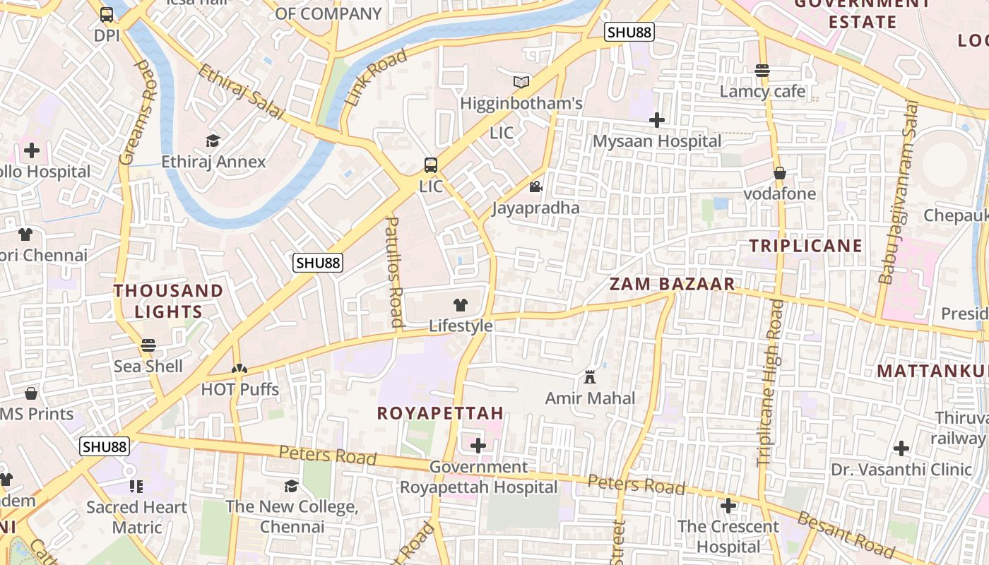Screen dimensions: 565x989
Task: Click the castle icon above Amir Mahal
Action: [590, 376]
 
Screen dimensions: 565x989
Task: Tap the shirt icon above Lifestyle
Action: [461, 305]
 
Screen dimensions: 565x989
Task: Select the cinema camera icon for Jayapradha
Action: [535, 186]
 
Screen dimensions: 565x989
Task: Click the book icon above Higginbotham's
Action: [521, 82]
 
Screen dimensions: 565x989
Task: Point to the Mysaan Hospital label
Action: [657, 141]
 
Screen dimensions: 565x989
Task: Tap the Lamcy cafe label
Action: [762, 91]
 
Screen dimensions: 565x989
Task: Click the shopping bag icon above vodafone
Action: [780, 173]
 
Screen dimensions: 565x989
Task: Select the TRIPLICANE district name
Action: [805, 246]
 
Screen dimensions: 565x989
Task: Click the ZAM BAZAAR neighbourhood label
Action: [672, 285]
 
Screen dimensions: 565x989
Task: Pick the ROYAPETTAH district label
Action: [440, 413]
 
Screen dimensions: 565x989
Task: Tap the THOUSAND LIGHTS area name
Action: [168, 301]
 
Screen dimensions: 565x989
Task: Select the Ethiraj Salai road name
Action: [240, 93]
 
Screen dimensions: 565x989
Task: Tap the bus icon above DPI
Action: [107, 14]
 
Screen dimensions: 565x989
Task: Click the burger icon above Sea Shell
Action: [148, 345]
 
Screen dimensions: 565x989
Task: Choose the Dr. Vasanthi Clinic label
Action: [901, 470]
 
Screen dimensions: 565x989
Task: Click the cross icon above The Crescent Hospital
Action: [728, 506]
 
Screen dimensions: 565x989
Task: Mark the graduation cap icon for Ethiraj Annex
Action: [213, 141]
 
